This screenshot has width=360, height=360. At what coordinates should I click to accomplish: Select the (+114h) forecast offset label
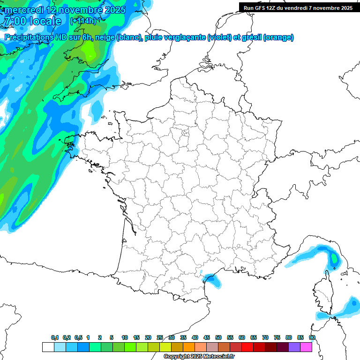point(83,21)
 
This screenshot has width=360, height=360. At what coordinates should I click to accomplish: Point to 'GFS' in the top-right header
point(259,8)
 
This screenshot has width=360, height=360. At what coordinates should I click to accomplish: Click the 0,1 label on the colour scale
point(55,337)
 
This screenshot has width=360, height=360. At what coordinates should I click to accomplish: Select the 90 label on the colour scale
point(312,337)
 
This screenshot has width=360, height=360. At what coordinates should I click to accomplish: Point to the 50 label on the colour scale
point(218,337)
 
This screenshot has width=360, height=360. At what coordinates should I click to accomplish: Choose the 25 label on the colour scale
point(160,337)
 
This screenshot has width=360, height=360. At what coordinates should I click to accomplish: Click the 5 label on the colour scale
point(112,337)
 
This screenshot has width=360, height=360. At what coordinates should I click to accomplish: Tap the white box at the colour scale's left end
point(48,347)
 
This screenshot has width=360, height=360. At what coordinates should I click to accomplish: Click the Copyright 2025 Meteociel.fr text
point(199,357)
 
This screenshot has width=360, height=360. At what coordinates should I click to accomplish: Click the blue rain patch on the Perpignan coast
point(213,279)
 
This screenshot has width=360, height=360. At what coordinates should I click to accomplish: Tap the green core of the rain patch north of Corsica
point(334,258)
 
